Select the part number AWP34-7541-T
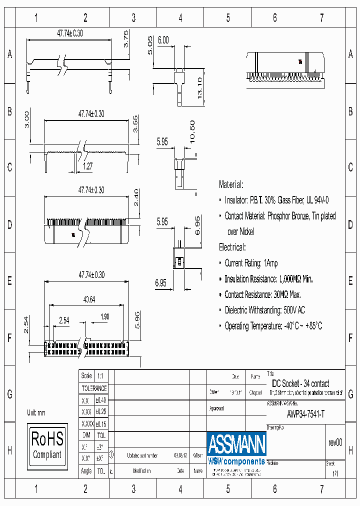click(305, 414)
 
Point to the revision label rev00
click(335, 442)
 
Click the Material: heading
click(231, 184)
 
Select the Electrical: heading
click(232, 247)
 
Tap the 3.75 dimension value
click(126, 38)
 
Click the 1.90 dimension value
click(104, 317)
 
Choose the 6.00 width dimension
click(163, 40)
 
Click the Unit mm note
click(36, 413)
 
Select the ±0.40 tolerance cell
click(100, 400)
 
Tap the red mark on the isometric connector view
click(300, 62)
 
